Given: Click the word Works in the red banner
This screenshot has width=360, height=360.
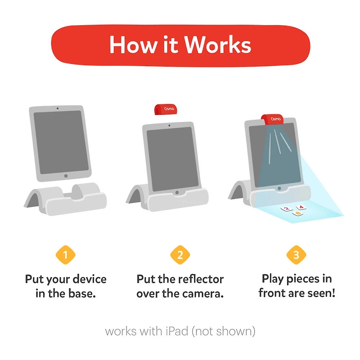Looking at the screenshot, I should coord(217,45).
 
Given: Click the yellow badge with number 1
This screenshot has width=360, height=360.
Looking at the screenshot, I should coord(65,255).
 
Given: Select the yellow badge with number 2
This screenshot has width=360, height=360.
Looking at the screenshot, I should coord(180,255).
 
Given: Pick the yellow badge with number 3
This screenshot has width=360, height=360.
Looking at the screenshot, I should coord(296,255).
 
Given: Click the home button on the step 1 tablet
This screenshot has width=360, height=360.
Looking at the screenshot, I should coord(66,176).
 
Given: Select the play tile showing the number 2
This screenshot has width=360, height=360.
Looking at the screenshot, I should coord(285,209).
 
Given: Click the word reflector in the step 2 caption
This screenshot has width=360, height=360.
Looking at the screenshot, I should coord(201,279).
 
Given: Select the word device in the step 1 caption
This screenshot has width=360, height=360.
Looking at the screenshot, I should coord(86,279).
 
